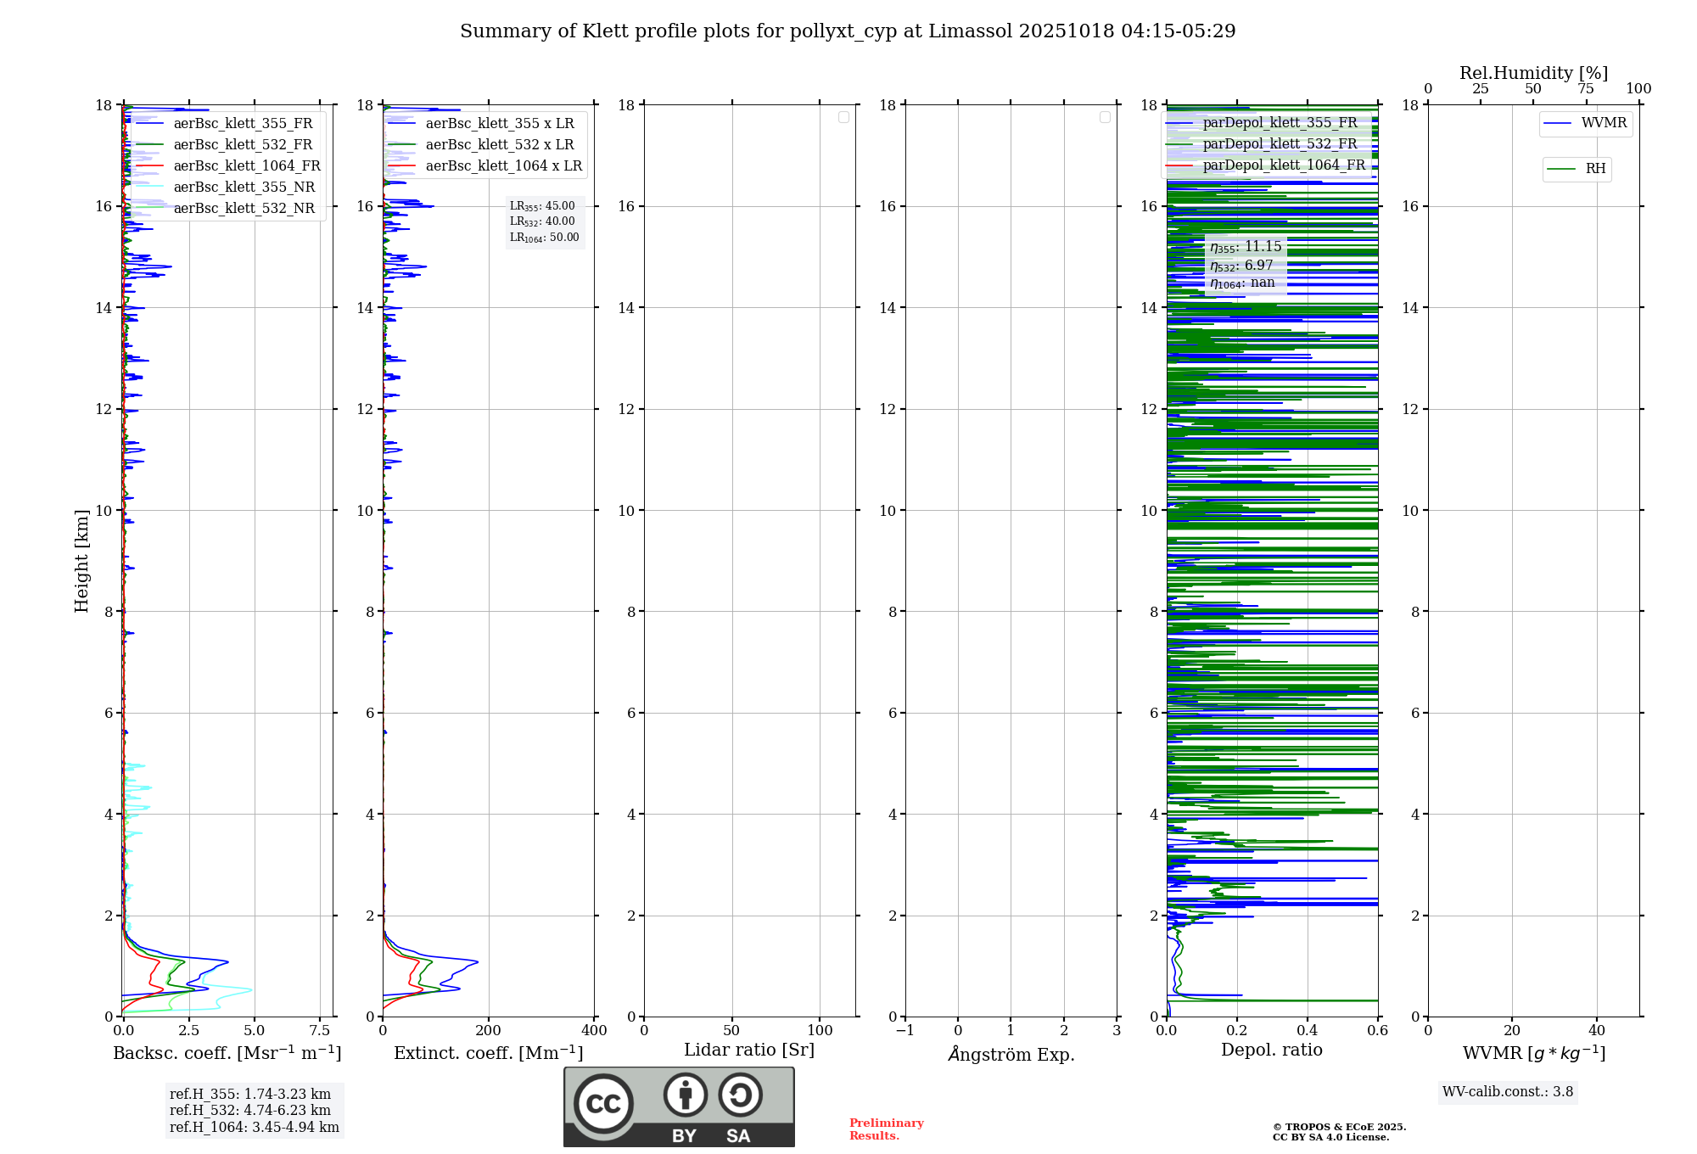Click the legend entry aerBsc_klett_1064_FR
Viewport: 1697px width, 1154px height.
(246, 165)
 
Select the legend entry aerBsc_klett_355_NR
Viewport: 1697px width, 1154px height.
(244, 187)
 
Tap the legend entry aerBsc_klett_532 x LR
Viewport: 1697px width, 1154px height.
(499, 144)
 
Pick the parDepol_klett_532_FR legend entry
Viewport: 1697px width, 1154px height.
(1280, 143)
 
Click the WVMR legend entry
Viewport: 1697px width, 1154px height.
(1604, 123)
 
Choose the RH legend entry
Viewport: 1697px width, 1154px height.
(1595, 169)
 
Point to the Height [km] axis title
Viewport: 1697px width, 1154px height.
(81, 560)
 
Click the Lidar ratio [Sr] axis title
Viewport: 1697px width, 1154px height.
(749, 1050)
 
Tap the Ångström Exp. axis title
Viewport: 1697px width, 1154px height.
(1011, 1054)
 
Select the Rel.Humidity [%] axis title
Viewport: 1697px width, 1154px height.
(1533, 73)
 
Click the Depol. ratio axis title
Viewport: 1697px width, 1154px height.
(1271, 1050)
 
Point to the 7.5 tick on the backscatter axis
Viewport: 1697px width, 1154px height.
(320, 1030)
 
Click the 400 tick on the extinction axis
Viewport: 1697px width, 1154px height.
(594, 1030)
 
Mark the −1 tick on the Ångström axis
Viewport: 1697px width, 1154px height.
(905, 1030)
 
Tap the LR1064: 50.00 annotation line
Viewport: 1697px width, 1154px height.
(544, 238)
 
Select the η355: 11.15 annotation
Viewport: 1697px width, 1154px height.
(1246, 247)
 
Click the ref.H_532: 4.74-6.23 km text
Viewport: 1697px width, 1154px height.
(250, 1110)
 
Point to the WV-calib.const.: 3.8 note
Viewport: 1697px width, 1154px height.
(1508, 1092)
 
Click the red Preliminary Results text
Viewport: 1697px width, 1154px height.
(886, 1129)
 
